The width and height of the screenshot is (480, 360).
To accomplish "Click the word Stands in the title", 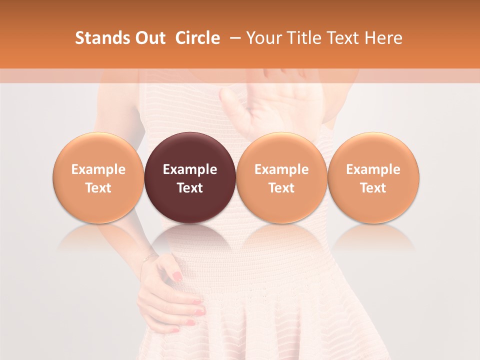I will coord(96,38).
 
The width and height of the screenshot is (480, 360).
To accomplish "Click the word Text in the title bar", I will coord(345,38).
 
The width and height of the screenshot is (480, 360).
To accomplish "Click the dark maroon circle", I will coord(190,177).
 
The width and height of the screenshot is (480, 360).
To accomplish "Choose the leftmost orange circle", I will coord(98,177).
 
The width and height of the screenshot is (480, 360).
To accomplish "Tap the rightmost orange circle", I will coord(373,177).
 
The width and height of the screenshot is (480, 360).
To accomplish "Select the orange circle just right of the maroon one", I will coord(281,177).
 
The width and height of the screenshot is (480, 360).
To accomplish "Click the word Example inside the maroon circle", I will coord(190,169).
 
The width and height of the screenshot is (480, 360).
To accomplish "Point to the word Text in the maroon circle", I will coord(190,188).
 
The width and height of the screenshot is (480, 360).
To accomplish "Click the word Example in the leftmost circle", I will coord(98,169).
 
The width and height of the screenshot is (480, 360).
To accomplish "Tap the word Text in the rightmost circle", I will coord(373,188).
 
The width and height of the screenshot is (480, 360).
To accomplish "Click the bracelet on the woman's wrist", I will coord(149,257).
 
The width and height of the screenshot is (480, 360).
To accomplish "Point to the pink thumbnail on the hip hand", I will coord(177,276).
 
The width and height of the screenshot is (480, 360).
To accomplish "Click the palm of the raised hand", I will coord(260,107).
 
